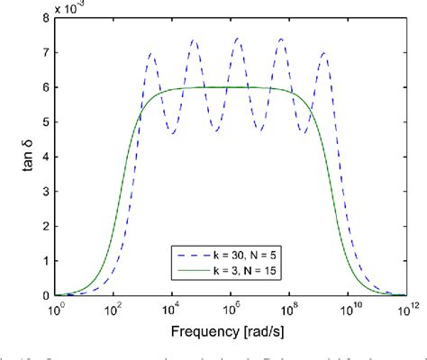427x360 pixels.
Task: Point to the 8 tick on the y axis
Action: [42, 18]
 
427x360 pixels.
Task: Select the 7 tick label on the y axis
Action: [42, 53]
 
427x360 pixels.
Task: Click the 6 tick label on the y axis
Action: [42, 87]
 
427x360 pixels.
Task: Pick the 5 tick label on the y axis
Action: [42, 122]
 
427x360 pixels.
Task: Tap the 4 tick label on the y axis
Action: [42, 157]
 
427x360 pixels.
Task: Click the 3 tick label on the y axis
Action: [42, 192]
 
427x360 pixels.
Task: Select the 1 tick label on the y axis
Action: [42, 261]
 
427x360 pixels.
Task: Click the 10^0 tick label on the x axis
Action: [56, 309]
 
